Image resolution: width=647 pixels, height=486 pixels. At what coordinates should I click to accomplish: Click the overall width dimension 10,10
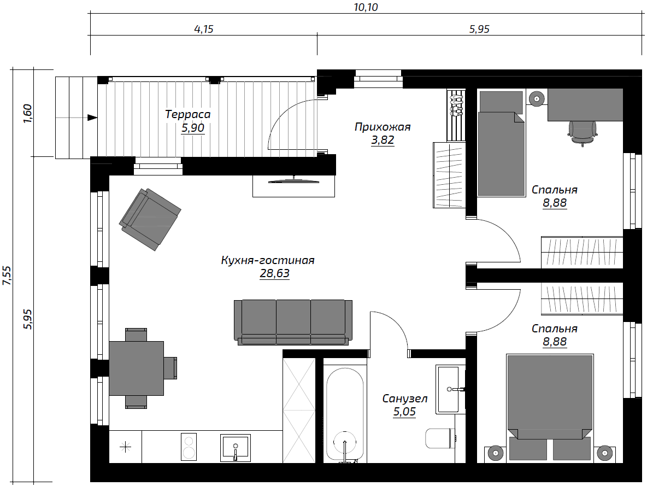click(x=366, y=8)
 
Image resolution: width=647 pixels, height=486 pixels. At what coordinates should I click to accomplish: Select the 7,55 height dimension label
click(x=7, y=276)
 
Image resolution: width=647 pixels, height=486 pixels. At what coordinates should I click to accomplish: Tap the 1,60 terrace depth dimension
click(x=27, y=114)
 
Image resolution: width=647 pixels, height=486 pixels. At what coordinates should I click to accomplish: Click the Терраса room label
click(x=188, y=114)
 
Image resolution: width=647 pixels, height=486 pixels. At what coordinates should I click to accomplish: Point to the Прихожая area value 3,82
click(x=383, y=140)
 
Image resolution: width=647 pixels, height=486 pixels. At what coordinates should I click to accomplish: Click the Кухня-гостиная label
click(x=268, y=261)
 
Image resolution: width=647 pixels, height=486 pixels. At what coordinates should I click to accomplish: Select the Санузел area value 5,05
click(x=404, y=412)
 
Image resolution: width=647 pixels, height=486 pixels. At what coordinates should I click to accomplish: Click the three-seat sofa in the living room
click(x=293, y=323)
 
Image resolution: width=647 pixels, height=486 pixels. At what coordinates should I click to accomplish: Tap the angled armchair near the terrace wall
click(x=150, y=219)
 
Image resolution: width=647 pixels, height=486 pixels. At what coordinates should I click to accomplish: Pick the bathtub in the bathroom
click(x=345, y=414)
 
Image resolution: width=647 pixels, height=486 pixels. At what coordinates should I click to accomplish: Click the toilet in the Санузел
click(x=440, y=438)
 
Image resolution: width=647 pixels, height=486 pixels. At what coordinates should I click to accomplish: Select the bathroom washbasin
click(x=449, y=389)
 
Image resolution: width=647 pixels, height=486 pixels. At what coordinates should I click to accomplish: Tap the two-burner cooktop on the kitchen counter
click(x=189, y=446)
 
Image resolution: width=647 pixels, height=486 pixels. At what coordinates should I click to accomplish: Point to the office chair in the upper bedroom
click(x=582, y=132)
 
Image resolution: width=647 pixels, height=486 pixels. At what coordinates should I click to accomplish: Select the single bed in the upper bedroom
click(x=501, y=144)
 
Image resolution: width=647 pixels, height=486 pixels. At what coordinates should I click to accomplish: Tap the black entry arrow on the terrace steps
click(x=92, y=118)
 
